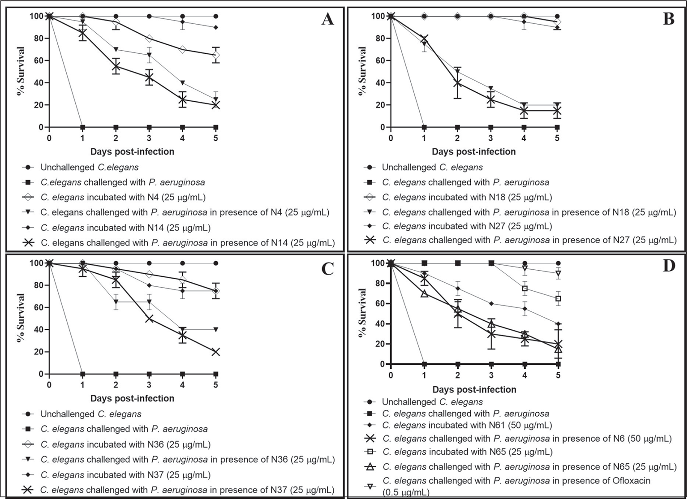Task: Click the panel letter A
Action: pos(328,19)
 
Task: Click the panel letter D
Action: pos(668,266)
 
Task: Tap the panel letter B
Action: pos(668,19)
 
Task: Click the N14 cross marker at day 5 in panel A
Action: pos(216,105)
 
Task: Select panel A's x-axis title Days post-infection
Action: pos(132,151)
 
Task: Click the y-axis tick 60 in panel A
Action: pos(40,60)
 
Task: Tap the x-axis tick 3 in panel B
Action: pos(491,138)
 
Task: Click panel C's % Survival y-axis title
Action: pos(21,318)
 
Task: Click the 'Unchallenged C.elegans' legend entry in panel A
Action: pos(90,168)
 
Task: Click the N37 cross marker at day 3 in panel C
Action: pos(149,319)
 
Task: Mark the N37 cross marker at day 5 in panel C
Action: pos(216,352)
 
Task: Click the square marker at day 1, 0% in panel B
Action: pos(424,127)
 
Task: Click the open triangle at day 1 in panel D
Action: pos(424,293)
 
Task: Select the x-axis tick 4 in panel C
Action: pos(182,385)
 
